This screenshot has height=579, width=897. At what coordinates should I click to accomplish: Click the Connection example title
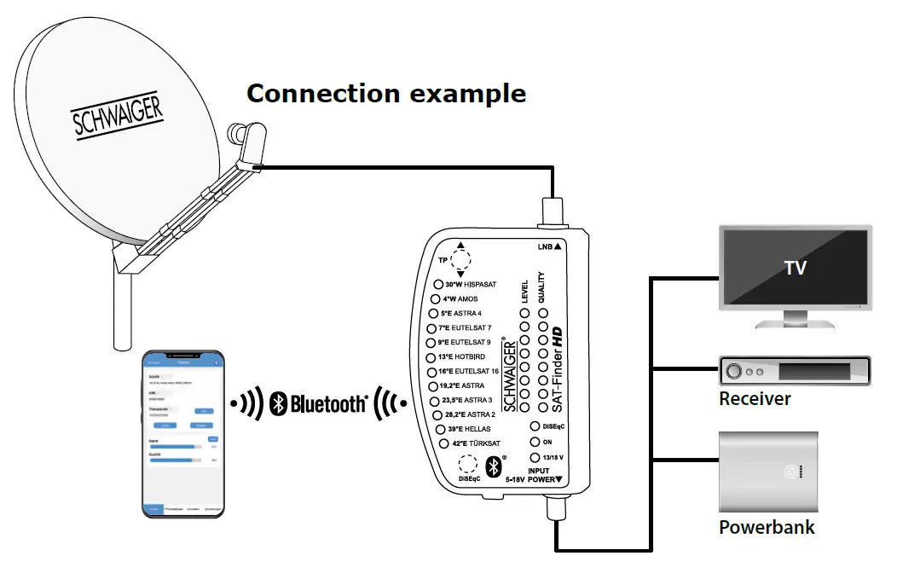pos(385,93)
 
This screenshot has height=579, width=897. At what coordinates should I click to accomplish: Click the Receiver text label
pos(755,399)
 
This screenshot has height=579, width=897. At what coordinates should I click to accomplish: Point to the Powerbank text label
pos(766,527)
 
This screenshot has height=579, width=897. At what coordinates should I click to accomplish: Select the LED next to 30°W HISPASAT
pos(439,285)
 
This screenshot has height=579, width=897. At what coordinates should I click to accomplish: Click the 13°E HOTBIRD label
pos(468,356)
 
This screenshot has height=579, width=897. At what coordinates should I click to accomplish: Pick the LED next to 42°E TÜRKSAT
pos(443,443)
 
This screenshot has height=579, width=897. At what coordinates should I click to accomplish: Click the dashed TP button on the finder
pos(461,260)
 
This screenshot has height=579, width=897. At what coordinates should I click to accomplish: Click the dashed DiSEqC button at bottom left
pos(467,464)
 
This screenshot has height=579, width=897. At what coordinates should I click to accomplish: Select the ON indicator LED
pos(535,442)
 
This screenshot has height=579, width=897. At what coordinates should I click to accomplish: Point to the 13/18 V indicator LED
pos(535,458)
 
